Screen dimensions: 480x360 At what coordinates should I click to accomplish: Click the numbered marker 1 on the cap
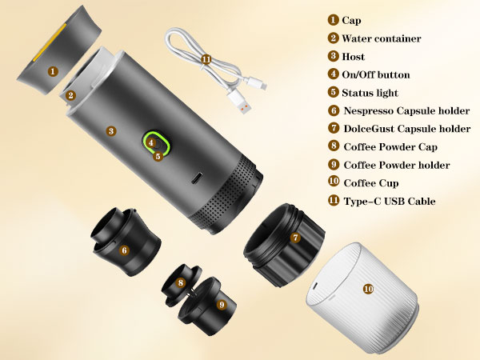point(53,72)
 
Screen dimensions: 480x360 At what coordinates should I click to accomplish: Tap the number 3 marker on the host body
point(111,131)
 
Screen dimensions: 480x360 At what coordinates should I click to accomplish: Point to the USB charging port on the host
point(197,178)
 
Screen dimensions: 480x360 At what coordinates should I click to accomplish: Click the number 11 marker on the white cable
point(206,59)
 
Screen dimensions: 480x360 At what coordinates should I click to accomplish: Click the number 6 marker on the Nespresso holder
point(124,250)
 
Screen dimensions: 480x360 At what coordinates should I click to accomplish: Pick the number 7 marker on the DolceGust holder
point(295,238)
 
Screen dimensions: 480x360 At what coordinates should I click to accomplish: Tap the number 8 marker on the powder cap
point(180,282)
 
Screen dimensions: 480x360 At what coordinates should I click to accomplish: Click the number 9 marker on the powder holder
point(222,304)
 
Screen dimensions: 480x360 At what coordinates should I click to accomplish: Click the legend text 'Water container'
point(381,38)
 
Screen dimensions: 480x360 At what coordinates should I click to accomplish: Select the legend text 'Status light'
point(370,93)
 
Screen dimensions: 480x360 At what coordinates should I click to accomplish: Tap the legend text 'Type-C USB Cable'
point(390,201)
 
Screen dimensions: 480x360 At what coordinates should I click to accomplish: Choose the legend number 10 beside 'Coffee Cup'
point(334,182)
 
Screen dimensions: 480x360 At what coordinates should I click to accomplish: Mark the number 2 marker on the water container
point(70,95)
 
